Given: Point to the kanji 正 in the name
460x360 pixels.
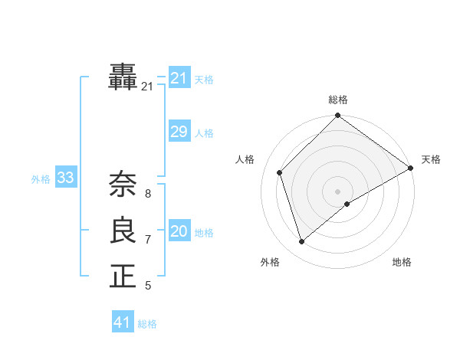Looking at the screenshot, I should pyautogui.click(x=123, y=276).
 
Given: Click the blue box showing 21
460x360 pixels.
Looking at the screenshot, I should pyautogui.click(x=179, y=78).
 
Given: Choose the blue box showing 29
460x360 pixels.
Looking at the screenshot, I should pyautogui.click(x=179, y=132).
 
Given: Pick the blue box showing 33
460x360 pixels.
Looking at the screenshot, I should pyautogui.click(x=65, y=178).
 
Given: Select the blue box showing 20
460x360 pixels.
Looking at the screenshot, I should pyautogui.click(x=179, y=231).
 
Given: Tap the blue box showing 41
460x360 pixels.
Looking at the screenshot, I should pyautogui.click(x=123, y=322).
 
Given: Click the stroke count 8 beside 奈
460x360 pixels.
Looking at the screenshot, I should pyautogui.click(x=148, y=194).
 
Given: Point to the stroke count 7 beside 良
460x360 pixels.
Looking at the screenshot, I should pyautogui.click(x=148, y=240).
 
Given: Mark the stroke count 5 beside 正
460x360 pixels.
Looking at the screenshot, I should pyautogui.click(x=148, y=286).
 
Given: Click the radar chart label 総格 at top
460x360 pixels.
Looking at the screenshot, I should pyautogui.click(x=338, y=100).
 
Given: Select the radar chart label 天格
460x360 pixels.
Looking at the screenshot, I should pyautogui.click(x=431, y=159).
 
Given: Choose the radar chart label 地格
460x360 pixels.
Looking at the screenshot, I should pyautogui.click(x=402, y=262).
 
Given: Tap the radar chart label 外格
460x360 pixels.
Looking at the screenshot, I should pyautogui.click(x=270, y=262).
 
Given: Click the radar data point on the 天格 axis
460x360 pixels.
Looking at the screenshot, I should pyautogui.click(x=411, y=169).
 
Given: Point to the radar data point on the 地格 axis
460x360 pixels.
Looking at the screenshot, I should pyautogui.click(x=347, y=204).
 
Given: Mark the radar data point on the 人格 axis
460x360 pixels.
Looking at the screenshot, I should pyautogui.click(x=280, y=172).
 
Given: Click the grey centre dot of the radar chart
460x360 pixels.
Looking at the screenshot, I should pyautogui.click(x=338, y=191).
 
